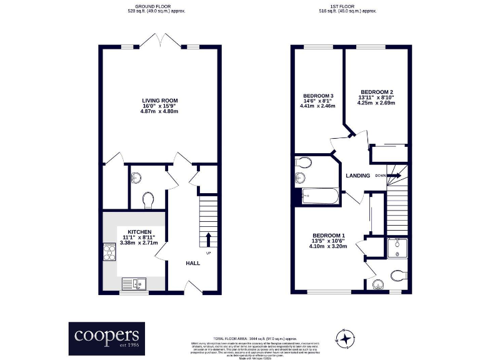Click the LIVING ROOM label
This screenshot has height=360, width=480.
tap(160, 101)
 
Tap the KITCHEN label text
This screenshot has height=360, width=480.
tap(139, 232)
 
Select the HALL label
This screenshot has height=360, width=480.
tap(193, 263)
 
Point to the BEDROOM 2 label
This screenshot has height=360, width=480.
tap(376, 91)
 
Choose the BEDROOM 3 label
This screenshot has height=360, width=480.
tap(317, 95)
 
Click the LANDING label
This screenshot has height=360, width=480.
tap(358, 176)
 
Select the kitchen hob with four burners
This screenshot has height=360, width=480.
tap(109, 252)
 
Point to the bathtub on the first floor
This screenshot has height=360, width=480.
tap(319, 198)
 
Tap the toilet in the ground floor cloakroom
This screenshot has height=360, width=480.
tap(148, 199)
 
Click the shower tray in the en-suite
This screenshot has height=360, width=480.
tap(397, 248)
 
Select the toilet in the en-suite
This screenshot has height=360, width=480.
tap(398, 275)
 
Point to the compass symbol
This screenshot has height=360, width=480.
tap(346, 337)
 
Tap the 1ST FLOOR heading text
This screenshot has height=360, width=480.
tap(347, 6)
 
